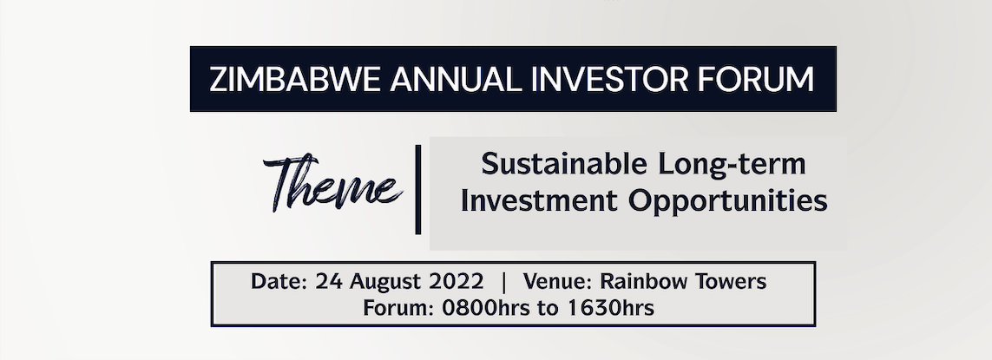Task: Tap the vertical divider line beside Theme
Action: click(x=418, y=189)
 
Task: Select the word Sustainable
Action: click(x=563, y=165)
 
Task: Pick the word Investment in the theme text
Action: click(x=538, y=201)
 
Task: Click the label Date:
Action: click(x=279, y=281)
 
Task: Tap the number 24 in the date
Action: click(x=329, y=281)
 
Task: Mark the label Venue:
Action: click(x=559, y=281)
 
